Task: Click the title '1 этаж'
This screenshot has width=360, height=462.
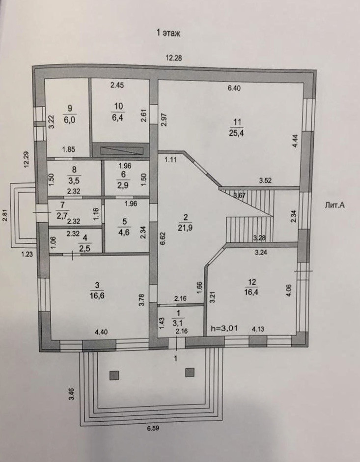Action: tap(169, 33)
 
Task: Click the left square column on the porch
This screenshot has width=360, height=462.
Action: tap(114, 375)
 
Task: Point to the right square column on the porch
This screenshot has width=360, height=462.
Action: tap(190, 372)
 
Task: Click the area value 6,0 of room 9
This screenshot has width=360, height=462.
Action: tap(70, 118)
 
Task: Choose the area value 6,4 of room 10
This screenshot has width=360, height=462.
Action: tap(118, 118)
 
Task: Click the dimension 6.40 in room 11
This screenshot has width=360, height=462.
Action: tap(234, 88)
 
